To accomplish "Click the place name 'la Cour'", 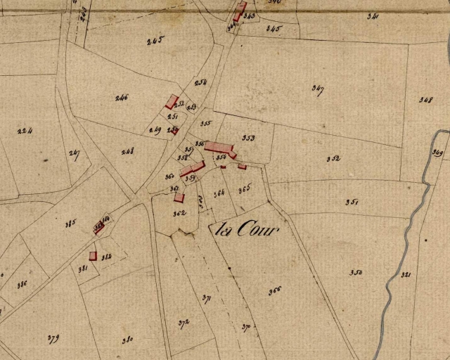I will (x=245, y=229).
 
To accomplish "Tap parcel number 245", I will (x=155, y=40).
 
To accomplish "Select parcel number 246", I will (x=122, y=97).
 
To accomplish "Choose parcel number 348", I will (x=425, y=100).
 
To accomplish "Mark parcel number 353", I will (x=247, y=138).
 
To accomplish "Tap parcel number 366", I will (x=274, y=290).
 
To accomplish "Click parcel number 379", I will (x=53, y=339).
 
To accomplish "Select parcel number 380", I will (x=127, y=340).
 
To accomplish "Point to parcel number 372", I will (x=184, y=323).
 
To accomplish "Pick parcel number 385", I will (x=70, y=224).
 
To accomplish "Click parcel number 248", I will (x=127, y=151).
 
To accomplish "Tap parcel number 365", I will (x=244, y=189).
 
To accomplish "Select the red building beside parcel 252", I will (x=172, y=102).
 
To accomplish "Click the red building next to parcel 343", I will (x=240, y=12).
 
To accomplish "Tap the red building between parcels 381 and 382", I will (x=93, y=256).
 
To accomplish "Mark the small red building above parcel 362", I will (x=179, y=198).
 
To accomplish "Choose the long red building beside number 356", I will (x=219, y=147).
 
